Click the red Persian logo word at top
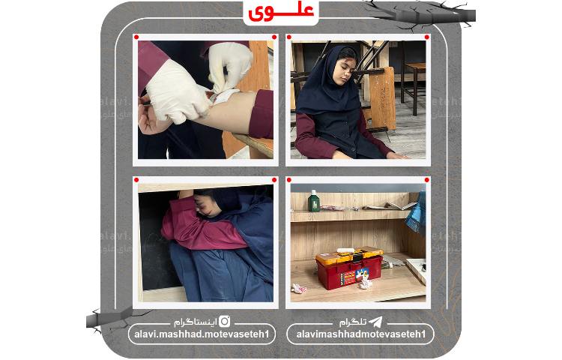281,11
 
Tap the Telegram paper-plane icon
375,322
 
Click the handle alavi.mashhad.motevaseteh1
202,334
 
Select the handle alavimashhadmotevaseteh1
360,334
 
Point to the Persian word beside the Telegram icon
353,322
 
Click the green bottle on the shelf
315,200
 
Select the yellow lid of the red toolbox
348,258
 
